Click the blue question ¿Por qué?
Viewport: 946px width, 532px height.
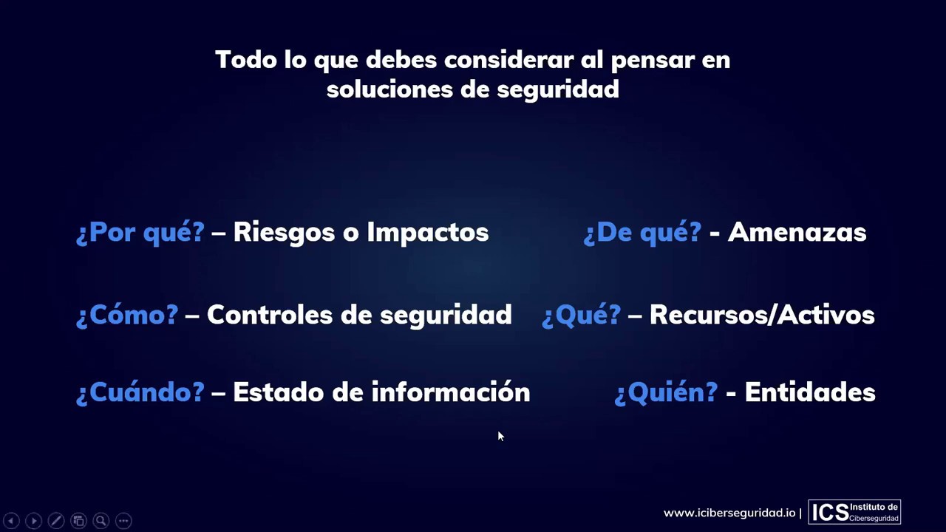tap(140, 232)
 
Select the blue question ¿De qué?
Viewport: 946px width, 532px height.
tap(642, 232)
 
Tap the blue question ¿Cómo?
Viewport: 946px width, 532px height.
tap(127, 315)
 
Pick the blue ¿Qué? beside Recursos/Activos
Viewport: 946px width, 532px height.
tap(581, 315)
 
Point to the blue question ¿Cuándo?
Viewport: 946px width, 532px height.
tap(140, 392)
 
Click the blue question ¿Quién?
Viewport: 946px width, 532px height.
tap(666, 392)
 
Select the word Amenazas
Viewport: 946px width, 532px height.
tap(797, 232)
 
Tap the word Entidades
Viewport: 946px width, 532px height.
tap(809, 392)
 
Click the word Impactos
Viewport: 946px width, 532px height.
tap(427, 232)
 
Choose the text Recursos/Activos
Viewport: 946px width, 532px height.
tap(761, 315)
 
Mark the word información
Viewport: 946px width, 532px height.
tap(450, 392)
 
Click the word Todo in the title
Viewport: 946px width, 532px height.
tap(246, 60)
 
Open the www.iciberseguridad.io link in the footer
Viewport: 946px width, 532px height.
tap(729, 513)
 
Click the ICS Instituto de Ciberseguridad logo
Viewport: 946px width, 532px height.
tap(854, 512)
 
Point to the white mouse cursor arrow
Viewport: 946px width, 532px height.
tap(500, 437)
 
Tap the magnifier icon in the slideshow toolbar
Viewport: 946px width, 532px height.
tap(101, 521)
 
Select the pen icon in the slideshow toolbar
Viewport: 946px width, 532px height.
tap(56, 521)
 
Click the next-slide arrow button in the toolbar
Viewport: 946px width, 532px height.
tap(33, 521)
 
